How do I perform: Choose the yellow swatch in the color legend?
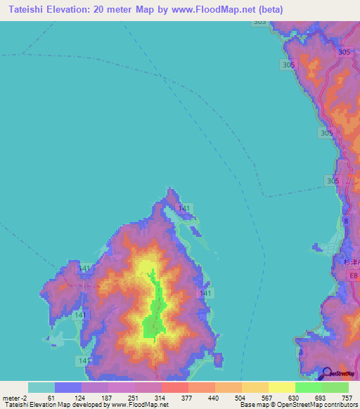pos(281,387)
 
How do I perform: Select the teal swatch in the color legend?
pos(41,387)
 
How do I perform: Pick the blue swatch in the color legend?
pos(67,387)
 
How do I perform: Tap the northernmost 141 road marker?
pos(184,208)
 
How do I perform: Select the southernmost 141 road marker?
pos(84,361)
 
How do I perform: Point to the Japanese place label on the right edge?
pos(352,262)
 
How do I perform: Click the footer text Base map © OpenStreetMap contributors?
pos(296,405)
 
